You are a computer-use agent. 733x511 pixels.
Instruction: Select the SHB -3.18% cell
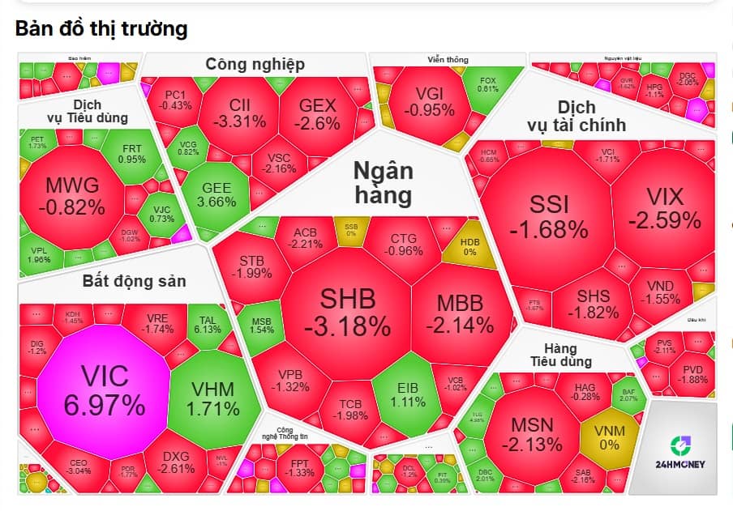(347, 313)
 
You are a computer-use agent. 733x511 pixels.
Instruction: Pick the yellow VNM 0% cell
(609, 436)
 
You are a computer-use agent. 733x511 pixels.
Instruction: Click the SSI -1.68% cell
(548, 216)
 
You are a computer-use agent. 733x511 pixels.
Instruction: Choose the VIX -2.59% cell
(665, 207)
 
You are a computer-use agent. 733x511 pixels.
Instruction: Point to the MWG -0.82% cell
(72, 194)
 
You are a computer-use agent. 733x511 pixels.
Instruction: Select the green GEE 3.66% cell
(216, 194)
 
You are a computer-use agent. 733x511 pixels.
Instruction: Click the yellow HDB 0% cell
(469, 247)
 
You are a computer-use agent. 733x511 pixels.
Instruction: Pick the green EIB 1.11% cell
(407, 394)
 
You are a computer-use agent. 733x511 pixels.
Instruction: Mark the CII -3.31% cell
(240, 113)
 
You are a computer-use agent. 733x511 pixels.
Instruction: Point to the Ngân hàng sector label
(382, 183)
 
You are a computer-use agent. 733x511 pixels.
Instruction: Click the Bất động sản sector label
(134, 282)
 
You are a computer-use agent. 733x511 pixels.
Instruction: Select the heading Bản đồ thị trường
(101, 29)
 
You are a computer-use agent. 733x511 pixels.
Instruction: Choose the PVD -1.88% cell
(693, 375)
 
